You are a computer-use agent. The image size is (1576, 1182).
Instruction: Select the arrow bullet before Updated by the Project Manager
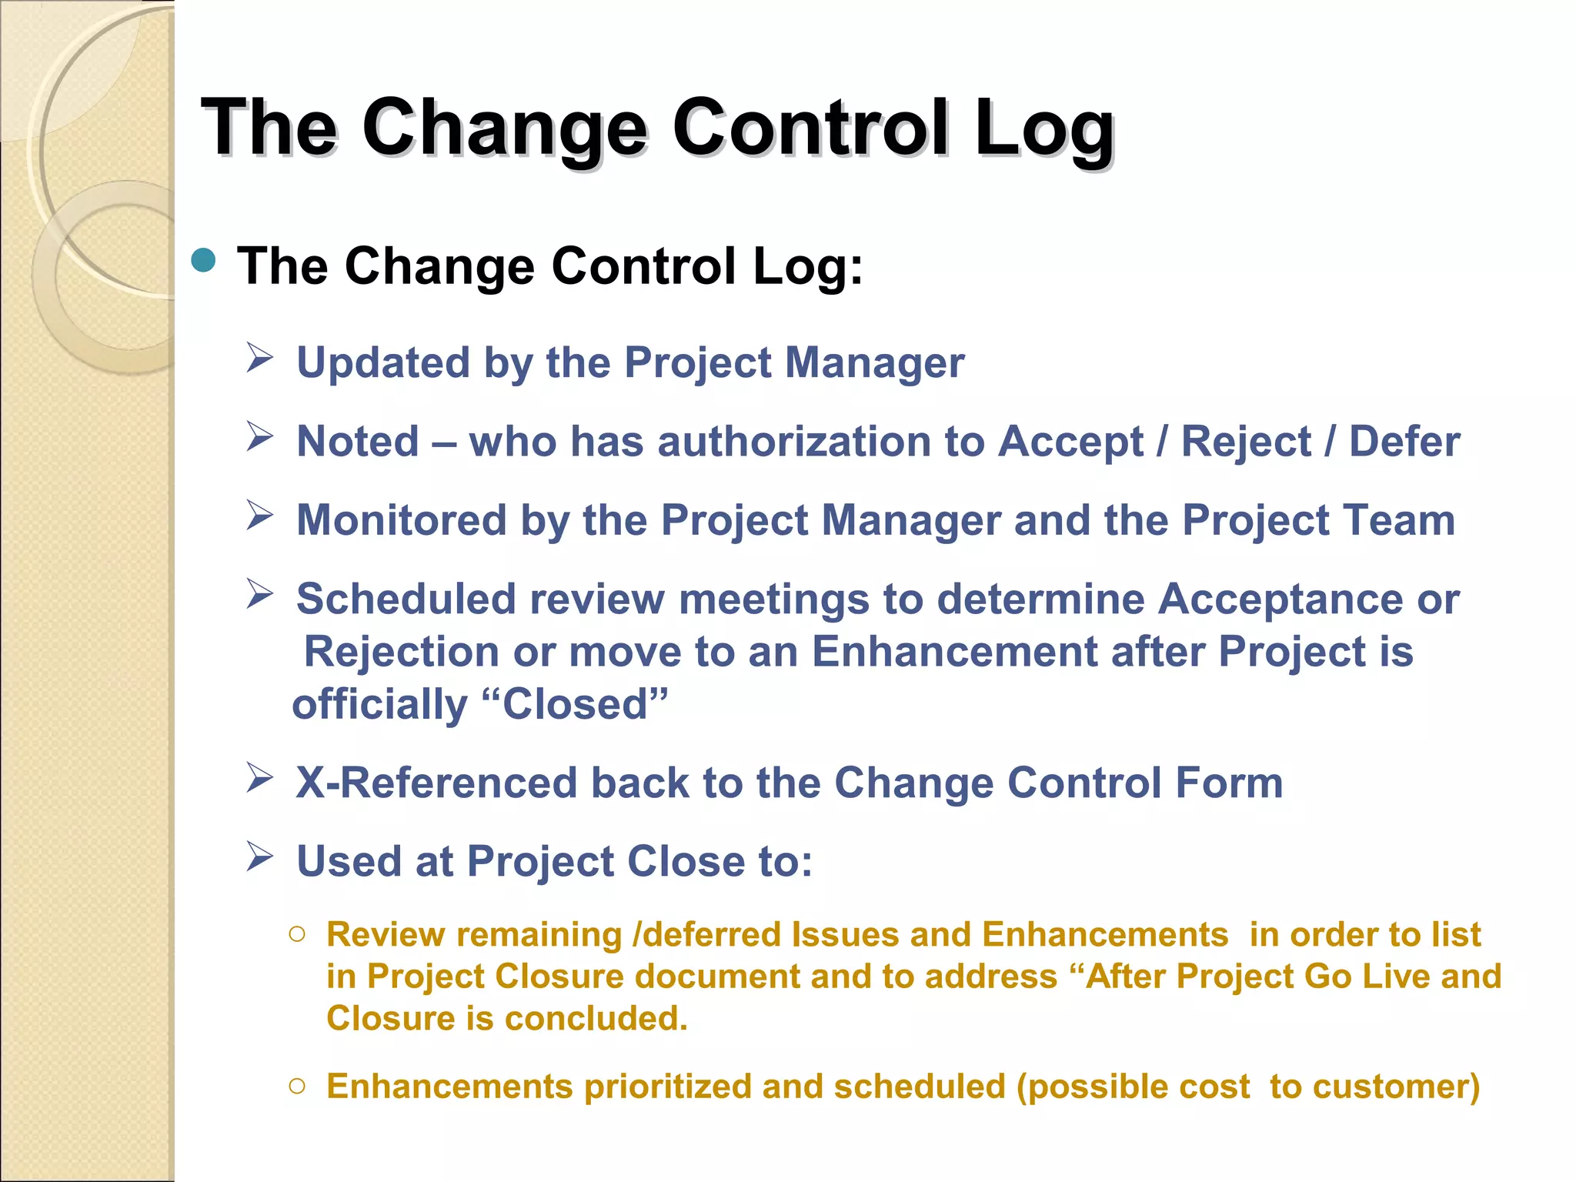pos(260,358)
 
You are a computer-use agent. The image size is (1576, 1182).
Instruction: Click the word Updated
pos(382,362)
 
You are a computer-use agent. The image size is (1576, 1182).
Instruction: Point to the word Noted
pos(358,442)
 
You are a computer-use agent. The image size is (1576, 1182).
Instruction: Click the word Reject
pos(1246,442)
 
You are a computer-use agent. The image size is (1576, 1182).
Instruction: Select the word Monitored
pos(401,520)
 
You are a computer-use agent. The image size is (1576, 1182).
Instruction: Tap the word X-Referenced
pos(436,783)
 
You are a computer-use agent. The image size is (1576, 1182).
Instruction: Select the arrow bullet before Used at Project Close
pos(260,856)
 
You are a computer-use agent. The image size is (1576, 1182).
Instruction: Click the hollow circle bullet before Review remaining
pos(298,935)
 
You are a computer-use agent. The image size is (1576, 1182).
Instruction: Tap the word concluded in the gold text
pos(595,1018)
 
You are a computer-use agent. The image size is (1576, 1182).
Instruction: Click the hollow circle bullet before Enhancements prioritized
pos(298,1087)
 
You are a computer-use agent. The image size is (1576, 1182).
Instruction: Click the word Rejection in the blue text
pos(401,652)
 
